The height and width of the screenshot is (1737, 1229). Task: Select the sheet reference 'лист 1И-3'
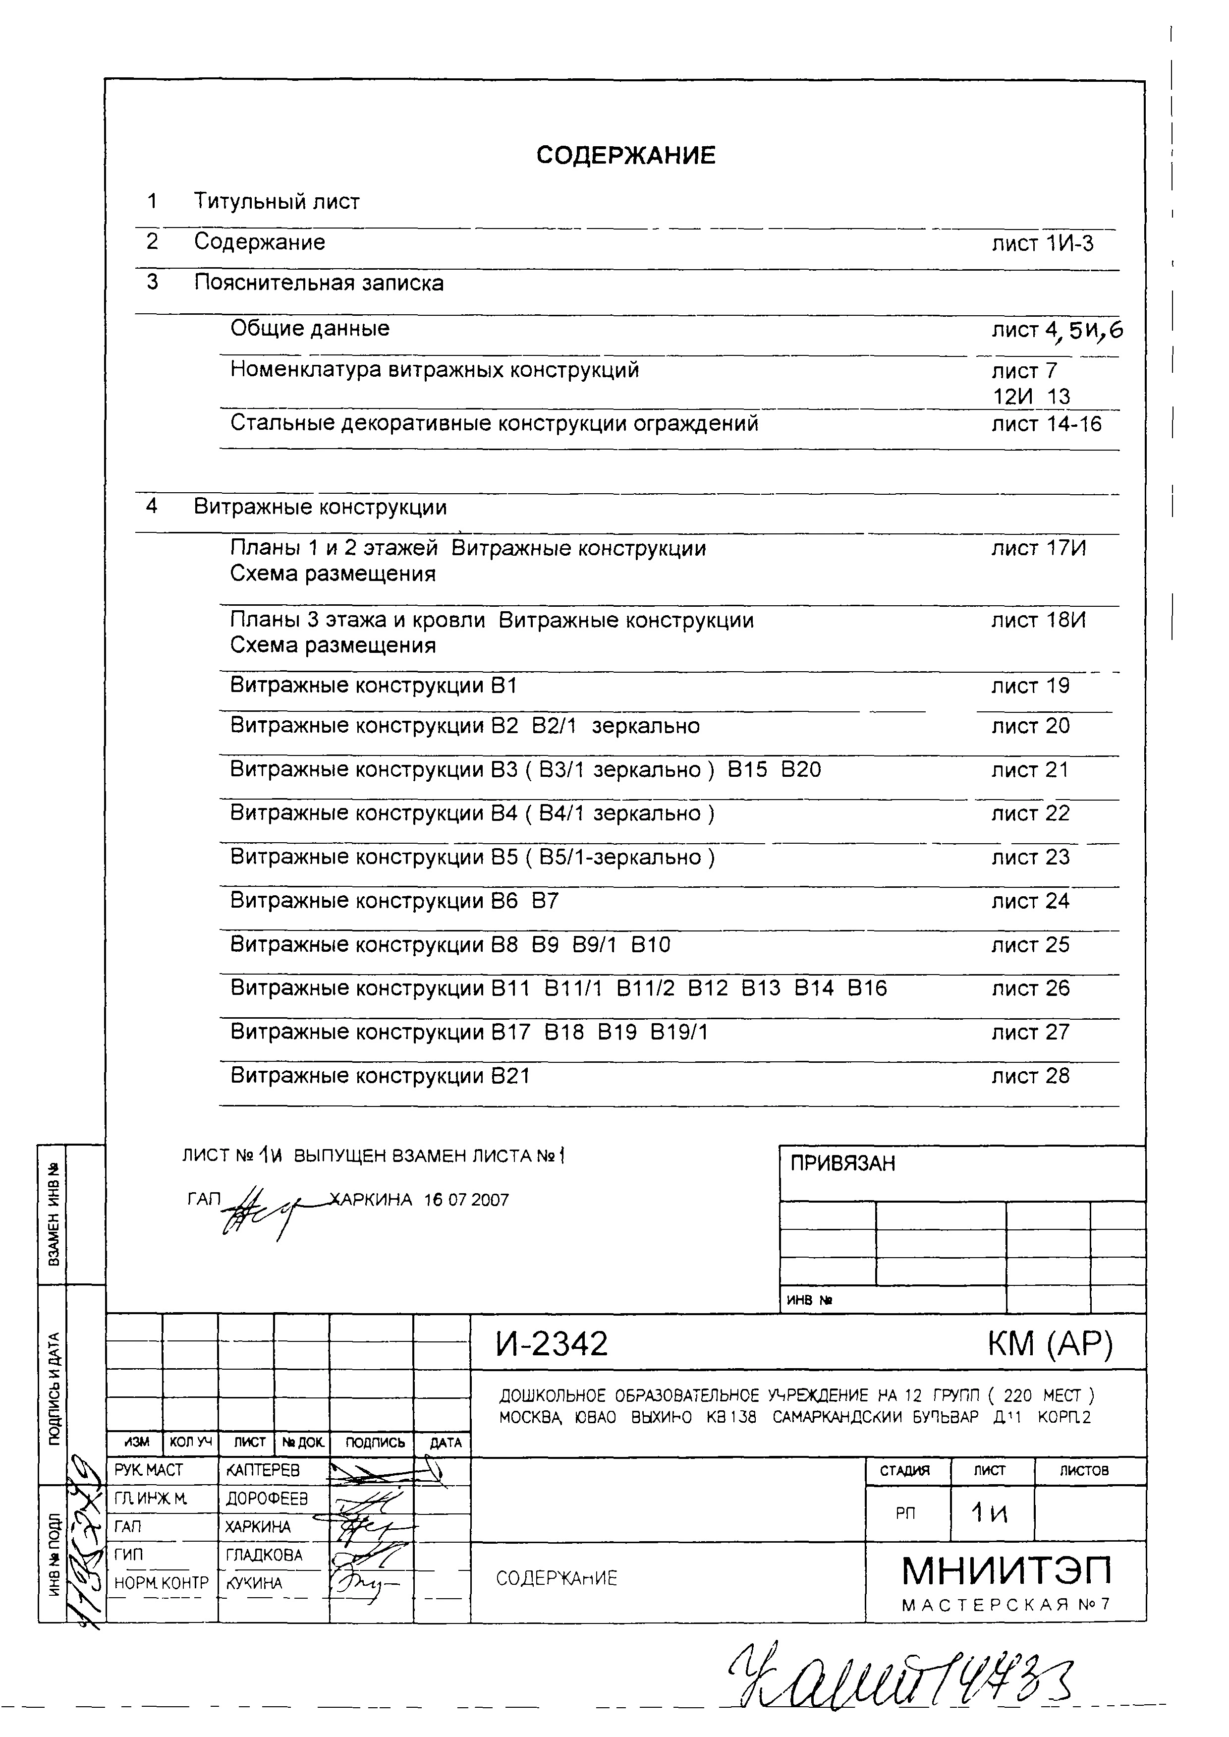click(x=1042, y=244)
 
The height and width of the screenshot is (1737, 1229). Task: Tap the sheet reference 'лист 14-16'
click(x=1047, y=424)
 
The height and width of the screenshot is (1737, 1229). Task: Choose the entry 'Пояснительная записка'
click(x=319, y=283)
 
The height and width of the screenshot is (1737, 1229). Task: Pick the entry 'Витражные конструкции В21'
click(x=380, y=1076)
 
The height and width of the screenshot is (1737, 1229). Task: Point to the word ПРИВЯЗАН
click(x=842, y=1163)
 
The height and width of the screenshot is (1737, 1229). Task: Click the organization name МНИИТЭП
click(x=1006, y=1571)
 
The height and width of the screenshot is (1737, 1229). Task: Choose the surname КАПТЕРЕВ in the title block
click(x=263, y=1470)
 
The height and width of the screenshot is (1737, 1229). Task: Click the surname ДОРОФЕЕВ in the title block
click(x=267, y=1499)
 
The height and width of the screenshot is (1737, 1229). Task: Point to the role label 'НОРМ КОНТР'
click(x=161, y=1583)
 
